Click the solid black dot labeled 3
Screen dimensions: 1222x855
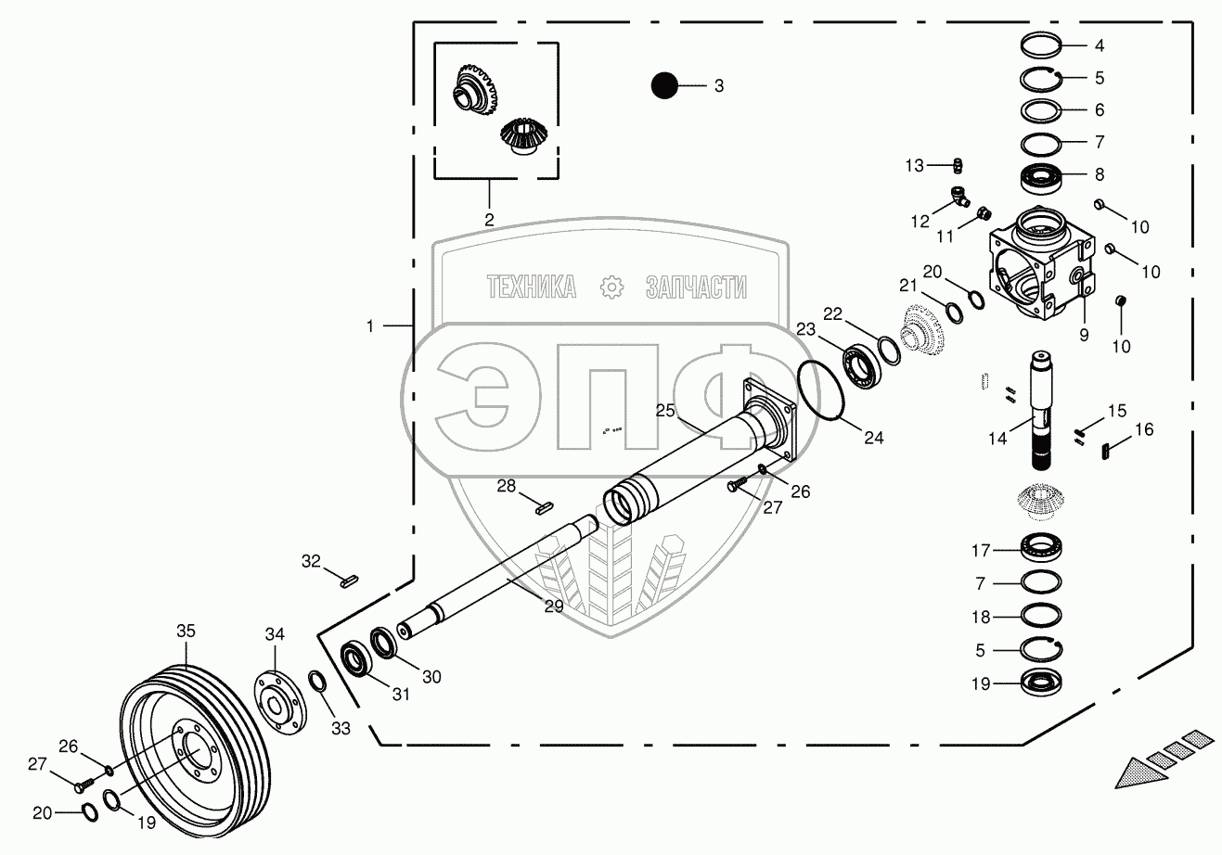[x=663, y=85]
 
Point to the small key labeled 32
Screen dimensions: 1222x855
[x=349, y=582]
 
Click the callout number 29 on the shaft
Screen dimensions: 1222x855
[x=554, y=606]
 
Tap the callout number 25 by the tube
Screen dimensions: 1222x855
[x=664, y=410]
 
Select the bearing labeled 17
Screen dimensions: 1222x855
[x=1040, y=549]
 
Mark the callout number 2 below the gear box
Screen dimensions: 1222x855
[x=489, y=220]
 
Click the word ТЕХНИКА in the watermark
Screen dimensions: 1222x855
[x=532, y=287]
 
